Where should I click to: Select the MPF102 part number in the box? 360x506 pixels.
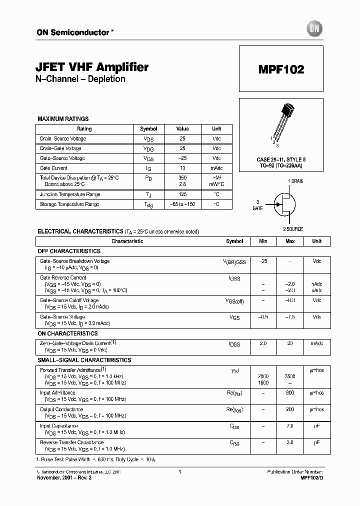(281, 69)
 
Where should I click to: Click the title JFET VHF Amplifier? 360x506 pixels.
(92, 67)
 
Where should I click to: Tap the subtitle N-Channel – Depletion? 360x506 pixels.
(80, 79)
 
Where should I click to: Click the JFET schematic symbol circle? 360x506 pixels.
(283, 204)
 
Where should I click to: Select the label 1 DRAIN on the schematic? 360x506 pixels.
(295, 181)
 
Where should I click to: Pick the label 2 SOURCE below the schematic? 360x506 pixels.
(293, 229)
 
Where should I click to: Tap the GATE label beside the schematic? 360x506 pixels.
(257, 208)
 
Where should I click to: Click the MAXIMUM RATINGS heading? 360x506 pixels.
(63, 119)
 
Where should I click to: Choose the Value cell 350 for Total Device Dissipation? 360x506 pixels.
(182, 177)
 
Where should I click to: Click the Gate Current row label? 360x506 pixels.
(53, 168)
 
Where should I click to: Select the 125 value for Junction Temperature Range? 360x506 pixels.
(182, 194)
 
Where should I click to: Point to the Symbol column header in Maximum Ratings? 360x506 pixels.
(148, 128)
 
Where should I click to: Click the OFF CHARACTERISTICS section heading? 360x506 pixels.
(69, 251)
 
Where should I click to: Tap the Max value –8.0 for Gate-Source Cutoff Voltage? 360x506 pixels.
(290, 300)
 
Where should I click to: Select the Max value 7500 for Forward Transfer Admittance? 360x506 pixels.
(290, 376)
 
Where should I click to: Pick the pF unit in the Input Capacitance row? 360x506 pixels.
(316, 426)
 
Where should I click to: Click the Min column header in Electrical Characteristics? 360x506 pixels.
(263, 241)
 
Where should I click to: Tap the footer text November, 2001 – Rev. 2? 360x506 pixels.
(64, 477)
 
